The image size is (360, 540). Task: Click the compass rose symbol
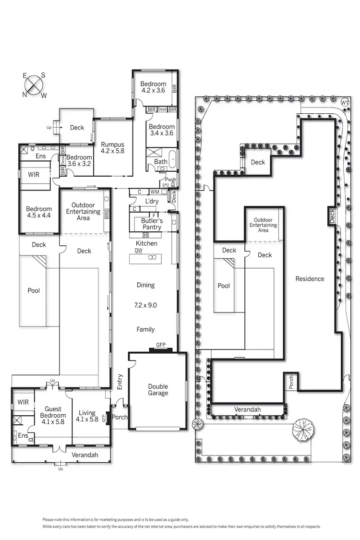point(34,85)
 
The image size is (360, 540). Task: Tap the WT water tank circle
point(345,103)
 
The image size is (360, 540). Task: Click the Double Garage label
point(158,390)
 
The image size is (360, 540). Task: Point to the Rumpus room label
point(112,147)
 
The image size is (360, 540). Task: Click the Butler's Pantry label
point(152,224)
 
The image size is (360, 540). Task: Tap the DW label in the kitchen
point(139,251)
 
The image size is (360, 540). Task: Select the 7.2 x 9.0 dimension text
point(145,305)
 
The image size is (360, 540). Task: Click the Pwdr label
point(171,180)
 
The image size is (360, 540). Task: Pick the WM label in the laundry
point(155,192)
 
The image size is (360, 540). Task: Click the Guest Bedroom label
point(53,412)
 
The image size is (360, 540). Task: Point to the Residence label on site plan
point(310,278)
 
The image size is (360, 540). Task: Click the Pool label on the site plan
point(224,286)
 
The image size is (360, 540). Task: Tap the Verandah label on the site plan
point(247,409)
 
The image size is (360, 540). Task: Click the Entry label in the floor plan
point(120,381)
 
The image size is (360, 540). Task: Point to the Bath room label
point(160,162)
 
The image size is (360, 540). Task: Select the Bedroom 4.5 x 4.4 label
point(39,212)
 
